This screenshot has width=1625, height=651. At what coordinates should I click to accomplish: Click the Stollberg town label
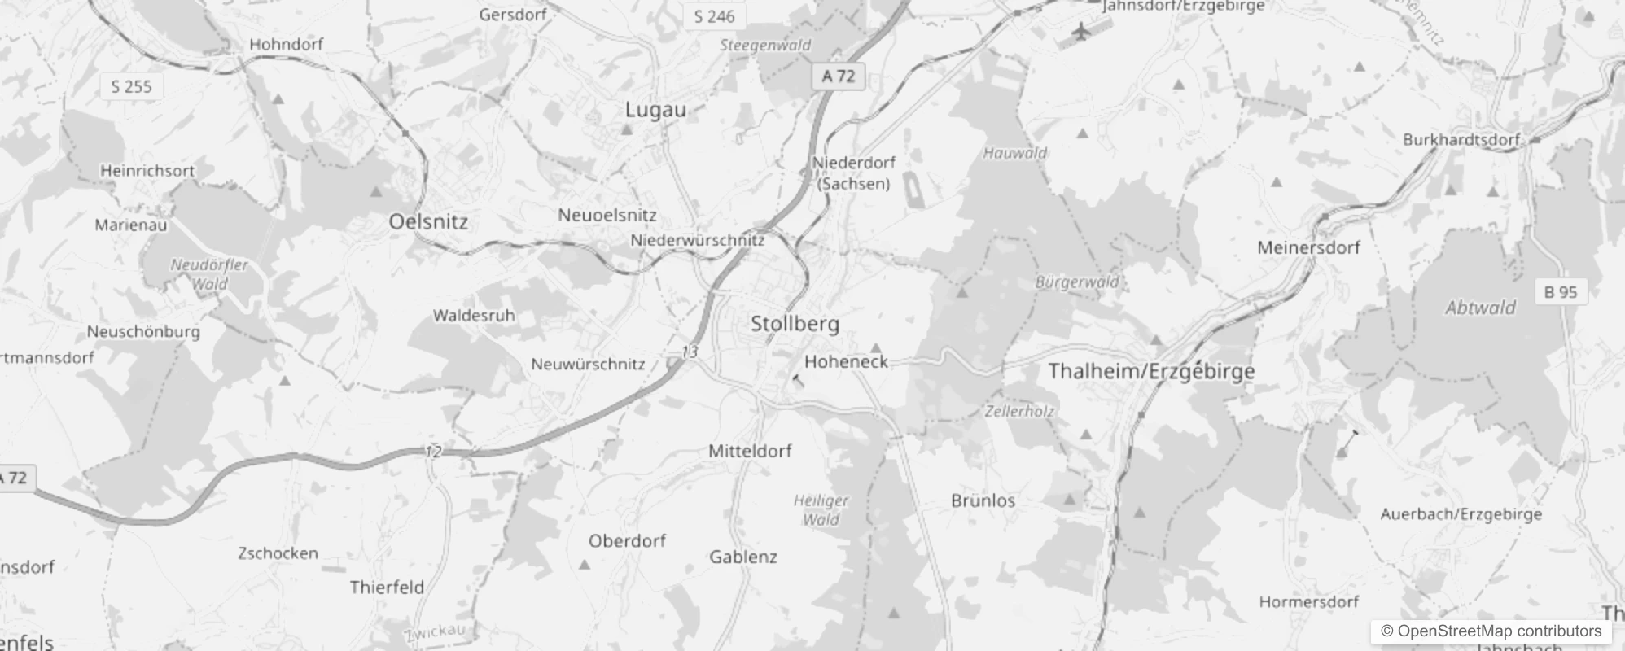(x=795, y=324)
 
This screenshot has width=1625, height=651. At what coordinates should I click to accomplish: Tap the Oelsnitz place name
(x=428, y=221)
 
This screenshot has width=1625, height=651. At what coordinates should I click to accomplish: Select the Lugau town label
(x=655, y=110)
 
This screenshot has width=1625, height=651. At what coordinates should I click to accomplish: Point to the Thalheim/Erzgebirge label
(x=1151, y=371)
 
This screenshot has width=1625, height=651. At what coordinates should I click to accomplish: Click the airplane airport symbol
(x=1080, y=32)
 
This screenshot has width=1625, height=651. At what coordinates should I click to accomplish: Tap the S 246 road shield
(x=714, y=16)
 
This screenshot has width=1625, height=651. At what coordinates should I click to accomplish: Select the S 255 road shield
(x=131, y=86)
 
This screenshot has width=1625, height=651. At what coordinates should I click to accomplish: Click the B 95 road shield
(x=1560, y=291)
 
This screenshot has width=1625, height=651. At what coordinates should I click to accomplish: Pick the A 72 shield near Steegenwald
(x=838, y=76)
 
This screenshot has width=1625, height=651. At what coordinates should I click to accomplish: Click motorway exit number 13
(x=690, y=352)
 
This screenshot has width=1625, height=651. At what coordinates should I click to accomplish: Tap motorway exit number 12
(x=433, y=451)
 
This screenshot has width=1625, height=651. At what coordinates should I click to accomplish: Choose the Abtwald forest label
(x=1480, y=308)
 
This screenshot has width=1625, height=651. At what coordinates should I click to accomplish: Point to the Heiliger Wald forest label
(x=821, y=510)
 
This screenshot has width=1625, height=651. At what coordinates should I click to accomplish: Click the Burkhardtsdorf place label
(x=1461, y=140)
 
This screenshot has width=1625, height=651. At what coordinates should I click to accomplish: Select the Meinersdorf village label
(x=1308, y=247)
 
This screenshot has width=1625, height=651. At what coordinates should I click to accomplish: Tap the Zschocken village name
(x=278, y=553)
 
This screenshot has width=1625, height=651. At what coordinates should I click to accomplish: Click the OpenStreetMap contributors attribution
(x=1491, y=631)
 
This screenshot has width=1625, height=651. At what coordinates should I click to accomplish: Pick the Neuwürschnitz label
(x=588, y=365)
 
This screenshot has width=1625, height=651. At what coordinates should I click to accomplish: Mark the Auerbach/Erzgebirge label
(x=1461, y=514)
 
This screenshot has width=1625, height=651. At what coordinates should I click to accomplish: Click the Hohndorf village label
(x=286, y=45)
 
